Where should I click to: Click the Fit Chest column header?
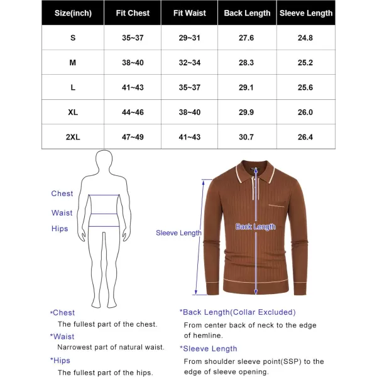[132, 13]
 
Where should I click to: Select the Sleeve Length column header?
[306, 13]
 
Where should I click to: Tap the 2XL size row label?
[73, 137]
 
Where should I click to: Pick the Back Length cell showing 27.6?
[247, 38]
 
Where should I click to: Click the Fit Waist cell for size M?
[189, 62]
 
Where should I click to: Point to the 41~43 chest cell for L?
[132, 87]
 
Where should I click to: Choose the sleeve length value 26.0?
[306, 112]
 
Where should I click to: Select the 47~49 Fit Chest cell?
[132, 137]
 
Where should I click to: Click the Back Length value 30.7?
[247, 137]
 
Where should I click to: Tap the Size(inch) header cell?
[73, 13]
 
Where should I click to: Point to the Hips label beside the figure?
[60, 229]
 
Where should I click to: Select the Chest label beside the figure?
[62, 194]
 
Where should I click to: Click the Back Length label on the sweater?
[255, 227]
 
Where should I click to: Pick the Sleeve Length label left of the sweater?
[178, 232]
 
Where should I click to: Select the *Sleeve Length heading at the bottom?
[209, 349]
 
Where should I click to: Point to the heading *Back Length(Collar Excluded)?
[238, 312]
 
